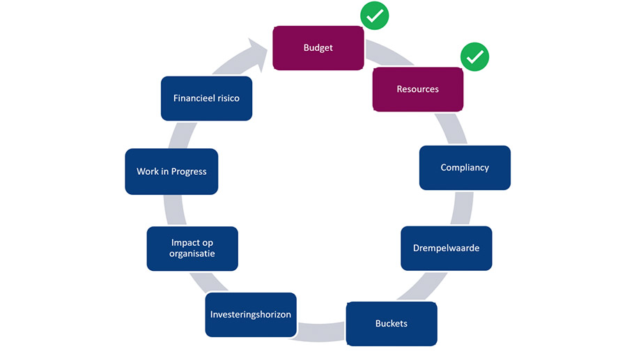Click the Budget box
318,48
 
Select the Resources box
418,89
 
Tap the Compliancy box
465,167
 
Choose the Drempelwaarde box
447,248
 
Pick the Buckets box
392,324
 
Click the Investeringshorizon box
251,315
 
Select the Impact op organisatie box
192,249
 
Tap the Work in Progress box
171,171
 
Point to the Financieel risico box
206,98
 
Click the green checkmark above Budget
375,15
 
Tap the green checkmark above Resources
474,56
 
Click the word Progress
189,172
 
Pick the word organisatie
192,253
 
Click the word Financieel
194,98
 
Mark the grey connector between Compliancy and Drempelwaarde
463,208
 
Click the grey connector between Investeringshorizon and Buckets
321,331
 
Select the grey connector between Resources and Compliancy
451,129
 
